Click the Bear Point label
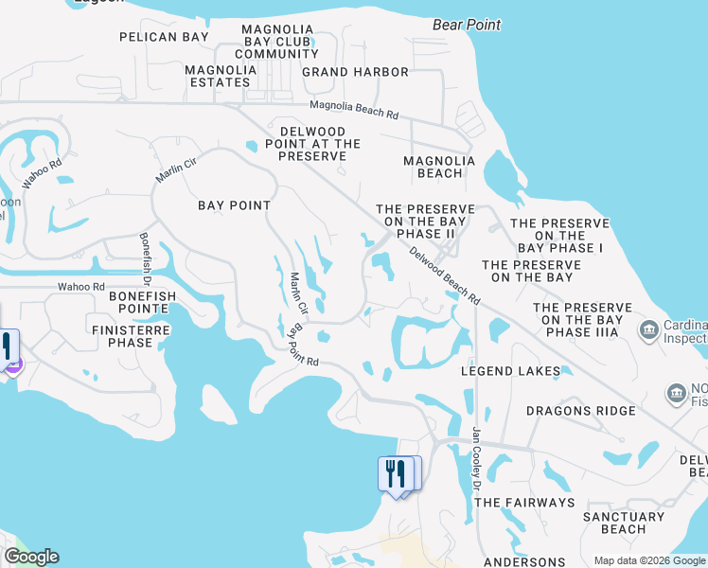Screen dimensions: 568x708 [467, 25]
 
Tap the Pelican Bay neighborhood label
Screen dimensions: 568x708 [163, 37]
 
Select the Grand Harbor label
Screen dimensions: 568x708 [355, 72]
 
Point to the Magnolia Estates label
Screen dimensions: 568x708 [219, 76]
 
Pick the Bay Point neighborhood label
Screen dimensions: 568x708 [234, 205]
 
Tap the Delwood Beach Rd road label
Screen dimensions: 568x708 [445, 276]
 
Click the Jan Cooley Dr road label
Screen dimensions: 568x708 [477, 459]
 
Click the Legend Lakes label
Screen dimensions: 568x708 [518, 371]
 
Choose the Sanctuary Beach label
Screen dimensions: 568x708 [624, 524]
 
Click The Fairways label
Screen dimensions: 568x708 [523, 503]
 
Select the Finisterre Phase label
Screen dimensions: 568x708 [122, 336]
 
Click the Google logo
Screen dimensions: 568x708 [31, 557]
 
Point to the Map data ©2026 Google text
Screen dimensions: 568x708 [648, 559]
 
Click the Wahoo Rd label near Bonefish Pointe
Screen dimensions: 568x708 [80, 286]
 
